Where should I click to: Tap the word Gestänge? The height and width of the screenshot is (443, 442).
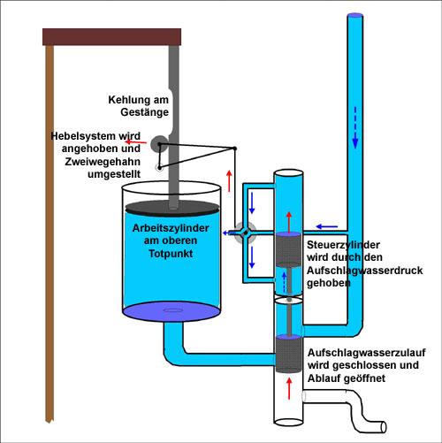coord(144,112)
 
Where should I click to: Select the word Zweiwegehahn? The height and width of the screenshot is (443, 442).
coord(103,162)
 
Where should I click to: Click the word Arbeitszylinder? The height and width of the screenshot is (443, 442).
coord(171,228)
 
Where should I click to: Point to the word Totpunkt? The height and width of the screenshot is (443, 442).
coord(171,254)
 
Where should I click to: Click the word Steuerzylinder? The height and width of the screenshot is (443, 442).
coord(343,245)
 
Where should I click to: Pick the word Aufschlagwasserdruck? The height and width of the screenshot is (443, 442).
coord(365,271)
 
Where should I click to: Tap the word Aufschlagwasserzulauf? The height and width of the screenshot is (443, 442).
coord(367,353)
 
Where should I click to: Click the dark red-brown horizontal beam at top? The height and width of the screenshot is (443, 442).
coord(111,37)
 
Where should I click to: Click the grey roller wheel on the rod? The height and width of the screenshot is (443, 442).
coord(159,144)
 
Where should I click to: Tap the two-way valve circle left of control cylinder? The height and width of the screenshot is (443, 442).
coord(246,233)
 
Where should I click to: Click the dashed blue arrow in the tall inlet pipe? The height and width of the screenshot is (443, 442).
coord(355,127)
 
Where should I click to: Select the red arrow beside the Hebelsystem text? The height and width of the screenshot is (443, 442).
coord(136,142)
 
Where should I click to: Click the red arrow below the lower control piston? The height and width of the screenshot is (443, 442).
coord(289,389)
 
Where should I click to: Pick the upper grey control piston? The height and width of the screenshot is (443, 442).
coord(289,249)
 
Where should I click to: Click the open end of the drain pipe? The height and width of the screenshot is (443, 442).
coord(384,427)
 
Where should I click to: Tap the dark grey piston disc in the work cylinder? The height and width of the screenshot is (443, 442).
coord(172,208)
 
